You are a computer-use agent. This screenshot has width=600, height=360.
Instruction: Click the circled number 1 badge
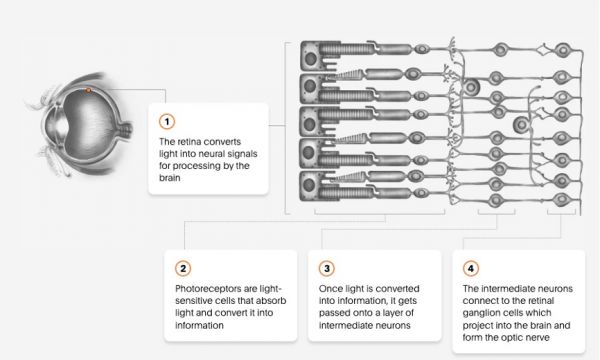[167, 122]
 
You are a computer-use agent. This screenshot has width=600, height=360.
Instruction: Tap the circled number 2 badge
[183, 269]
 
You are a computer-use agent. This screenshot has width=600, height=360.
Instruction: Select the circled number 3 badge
[327, 269]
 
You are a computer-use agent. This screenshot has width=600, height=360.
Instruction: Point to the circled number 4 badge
[471, 269]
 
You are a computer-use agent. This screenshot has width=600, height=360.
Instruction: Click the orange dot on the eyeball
[88, 90]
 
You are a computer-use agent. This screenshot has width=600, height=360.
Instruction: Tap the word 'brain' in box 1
[170, 178]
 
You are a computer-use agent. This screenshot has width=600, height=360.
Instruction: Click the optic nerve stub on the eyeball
[126, 129]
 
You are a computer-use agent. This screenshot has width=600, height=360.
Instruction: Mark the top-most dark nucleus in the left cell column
[310, 59]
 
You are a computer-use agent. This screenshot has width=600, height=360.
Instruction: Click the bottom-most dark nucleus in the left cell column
[309, 185]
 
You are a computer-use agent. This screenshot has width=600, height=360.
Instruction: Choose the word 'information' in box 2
[199, 325]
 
